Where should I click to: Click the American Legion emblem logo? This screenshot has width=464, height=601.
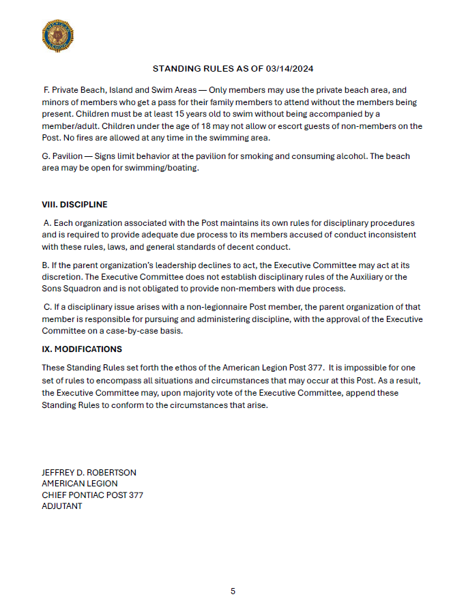[57, 36]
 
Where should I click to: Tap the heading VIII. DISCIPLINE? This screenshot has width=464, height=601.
[74, 205]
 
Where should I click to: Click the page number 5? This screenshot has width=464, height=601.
[233, 591]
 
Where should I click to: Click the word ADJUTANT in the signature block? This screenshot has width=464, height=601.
[62, 506]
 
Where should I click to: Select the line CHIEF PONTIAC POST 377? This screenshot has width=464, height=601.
[92, 495]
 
